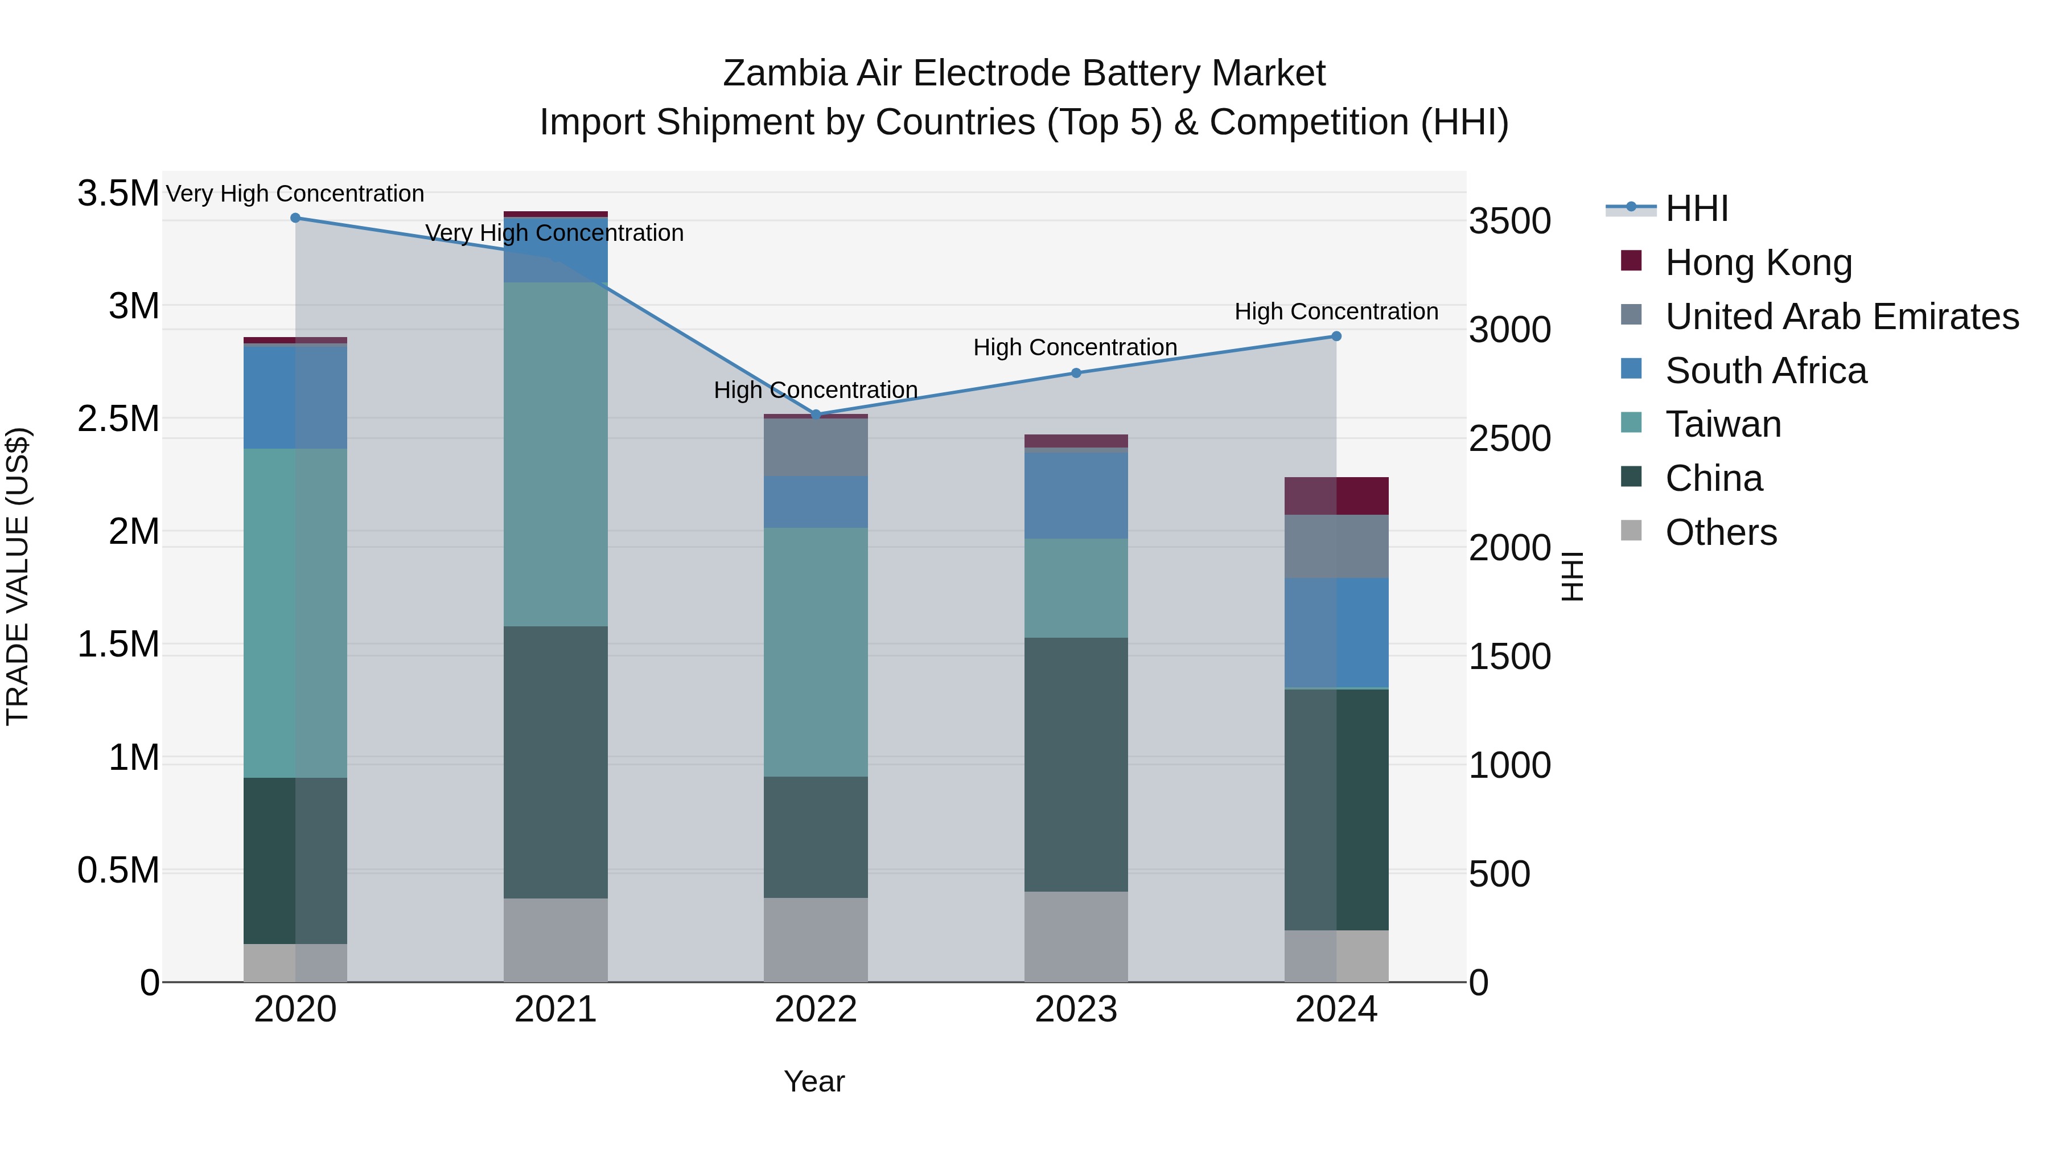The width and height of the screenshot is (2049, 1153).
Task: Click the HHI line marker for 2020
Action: tap(295, 218)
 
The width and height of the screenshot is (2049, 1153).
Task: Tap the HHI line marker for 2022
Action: tap(815, 415)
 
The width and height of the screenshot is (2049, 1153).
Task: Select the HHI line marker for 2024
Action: tap(1336, 337)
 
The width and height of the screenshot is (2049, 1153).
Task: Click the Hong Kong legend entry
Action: tap(1758, 262)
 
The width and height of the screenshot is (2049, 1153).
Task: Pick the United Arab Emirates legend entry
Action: tap(1841, 317)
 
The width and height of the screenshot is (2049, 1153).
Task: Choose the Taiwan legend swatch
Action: tap(1631, 422)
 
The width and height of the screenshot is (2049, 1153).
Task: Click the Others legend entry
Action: tap(1721, 532)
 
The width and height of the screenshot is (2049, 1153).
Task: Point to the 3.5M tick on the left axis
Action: tap(118, 194)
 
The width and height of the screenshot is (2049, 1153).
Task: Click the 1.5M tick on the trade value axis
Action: tap(118, 645)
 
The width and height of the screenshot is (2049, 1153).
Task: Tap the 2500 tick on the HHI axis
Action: tap(1509, 439)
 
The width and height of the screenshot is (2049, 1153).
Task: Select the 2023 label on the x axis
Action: tap(1075, 1010)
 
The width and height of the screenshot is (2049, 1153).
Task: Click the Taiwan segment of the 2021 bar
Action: tap(555, 454)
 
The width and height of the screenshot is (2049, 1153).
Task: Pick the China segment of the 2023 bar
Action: tap(1075, 764)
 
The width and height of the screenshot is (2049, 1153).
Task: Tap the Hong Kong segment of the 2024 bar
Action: tap(1336, 496)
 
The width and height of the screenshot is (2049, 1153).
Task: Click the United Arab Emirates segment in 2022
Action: tap(815, 447)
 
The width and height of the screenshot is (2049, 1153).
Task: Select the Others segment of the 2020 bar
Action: tap(295, 963)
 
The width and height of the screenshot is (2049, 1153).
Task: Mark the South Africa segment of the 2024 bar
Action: tap(1336, 633)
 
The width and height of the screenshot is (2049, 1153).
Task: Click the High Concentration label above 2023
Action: tap(1075, 348)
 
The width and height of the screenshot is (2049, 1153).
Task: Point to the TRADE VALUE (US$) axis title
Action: tap(18, 576)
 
